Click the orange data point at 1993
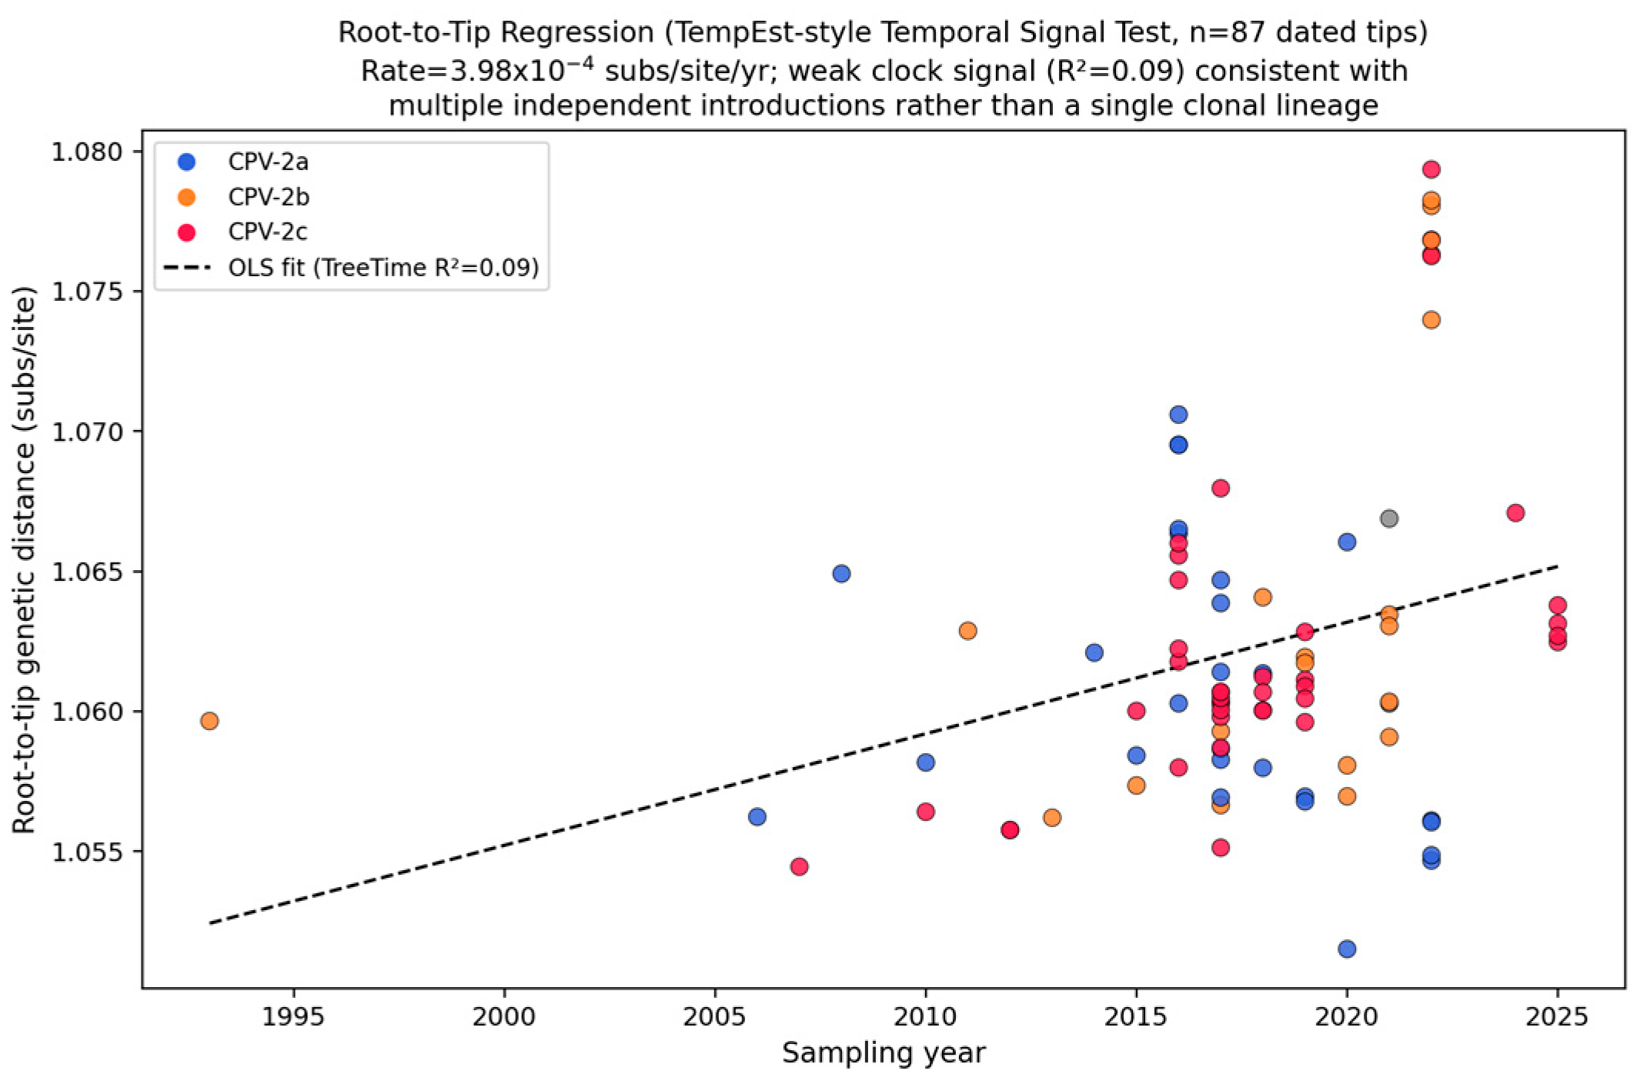(209, 721)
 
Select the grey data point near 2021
(1388, 519)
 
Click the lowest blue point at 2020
(1347, 949)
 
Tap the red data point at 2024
(1515, 512)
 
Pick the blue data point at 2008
(841, 573)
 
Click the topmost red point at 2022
(1432, 169)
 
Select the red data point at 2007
(799, 866)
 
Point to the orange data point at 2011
(967, 631)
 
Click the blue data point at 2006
(757, 816)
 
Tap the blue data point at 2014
(1094, 652)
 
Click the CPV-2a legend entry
(243, 162)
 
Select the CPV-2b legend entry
(243, 197)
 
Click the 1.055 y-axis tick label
(87, 852)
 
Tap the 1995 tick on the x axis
(293, 993)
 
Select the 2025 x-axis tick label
(1557, 1017)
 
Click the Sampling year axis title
(884, 1052)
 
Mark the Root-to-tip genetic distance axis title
(25, 560)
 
